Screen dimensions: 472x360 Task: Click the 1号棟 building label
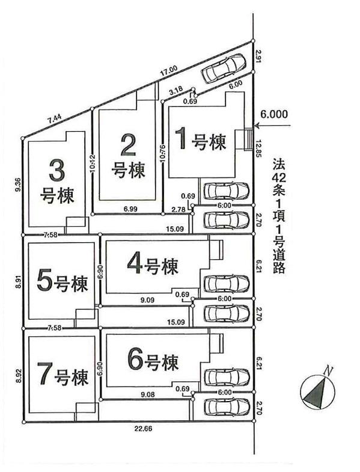click(x=200, y=141)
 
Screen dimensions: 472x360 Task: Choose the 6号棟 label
click(x=153, y=363)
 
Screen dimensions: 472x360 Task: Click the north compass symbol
click(x=317, y=391)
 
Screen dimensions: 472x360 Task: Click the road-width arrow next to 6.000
click(x=273, y=126)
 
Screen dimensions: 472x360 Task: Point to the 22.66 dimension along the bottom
click(x=142, y=429)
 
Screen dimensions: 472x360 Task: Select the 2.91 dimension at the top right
click(x=258, y=58)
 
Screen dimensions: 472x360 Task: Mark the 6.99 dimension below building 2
click(x=130, y=207)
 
